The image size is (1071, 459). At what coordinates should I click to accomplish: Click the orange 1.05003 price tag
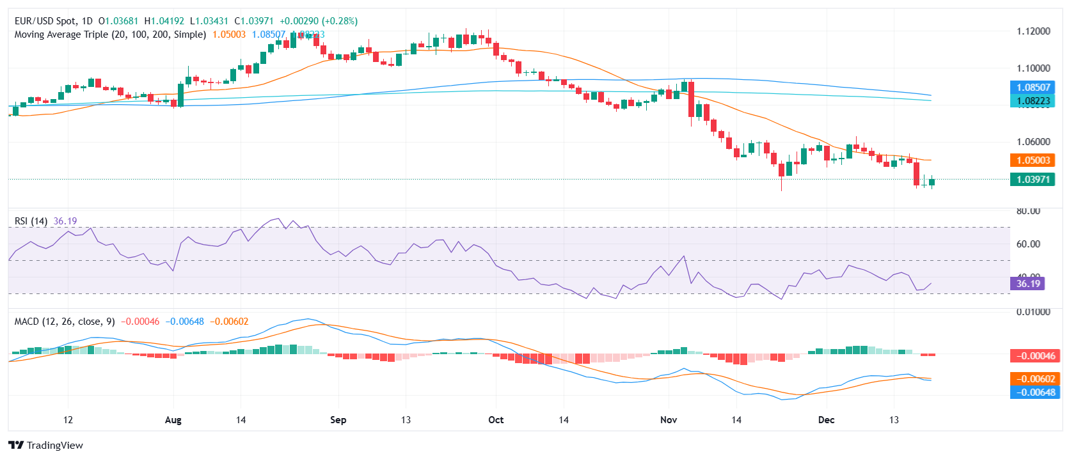click(1033, 160)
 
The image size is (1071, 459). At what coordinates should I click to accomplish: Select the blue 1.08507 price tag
click(1033, 88)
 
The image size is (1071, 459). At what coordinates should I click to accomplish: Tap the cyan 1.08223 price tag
click(1033, 101)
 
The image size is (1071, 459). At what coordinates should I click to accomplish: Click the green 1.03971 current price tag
click(1033, 180)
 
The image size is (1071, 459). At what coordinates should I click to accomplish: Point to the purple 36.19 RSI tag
click(1027, 284)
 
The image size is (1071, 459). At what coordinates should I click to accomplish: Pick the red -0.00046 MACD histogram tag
click(1033, 355)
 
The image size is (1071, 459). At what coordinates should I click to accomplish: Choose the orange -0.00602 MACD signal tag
click(1033, 379)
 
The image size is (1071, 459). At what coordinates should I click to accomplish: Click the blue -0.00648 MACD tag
click(1033, 393)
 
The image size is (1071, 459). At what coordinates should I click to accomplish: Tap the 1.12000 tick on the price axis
click(1033, 31)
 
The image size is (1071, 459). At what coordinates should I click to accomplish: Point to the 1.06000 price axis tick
click(1033, 142)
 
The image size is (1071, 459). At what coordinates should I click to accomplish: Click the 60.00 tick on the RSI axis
click(1028, 244)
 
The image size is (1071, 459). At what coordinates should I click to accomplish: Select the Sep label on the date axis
click(338, 420)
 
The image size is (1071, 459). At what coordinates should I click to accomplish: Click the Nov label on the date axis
click(669, 420)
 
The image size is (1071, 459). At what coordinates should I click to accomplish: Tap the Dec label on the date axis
click(826, 420)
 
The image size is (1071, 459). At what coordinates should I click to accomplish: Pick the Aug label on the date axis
click(173, 420)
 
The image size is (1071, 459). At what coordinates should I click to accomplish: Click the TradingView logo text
click(54, 446)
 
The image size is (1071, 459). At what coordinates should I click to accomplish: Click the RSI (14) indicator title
click(31, 221)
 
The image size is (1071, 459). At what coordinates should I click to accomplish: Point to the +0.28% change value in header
click(338, 21)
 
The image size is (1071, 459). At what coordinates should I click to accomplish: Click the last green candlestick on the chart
click(932, 182)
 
